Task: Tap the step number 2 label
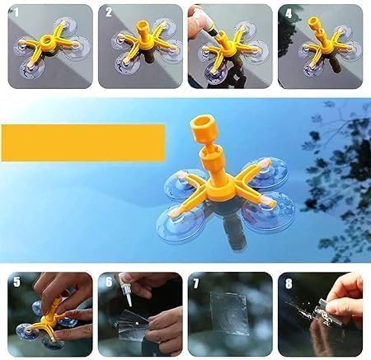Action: (x=108, y=12)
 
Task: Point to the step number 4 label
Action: (x=287, y=12)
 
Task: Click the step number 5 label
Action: (x=17, y=282)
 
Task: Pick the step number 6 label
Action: (x=108, y=282)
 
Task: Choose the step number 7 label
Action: (x=197, y=282)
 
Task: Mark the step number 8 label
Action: (x=287, y=282)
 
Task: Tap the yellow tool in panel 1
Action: (x=47, y=45)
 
